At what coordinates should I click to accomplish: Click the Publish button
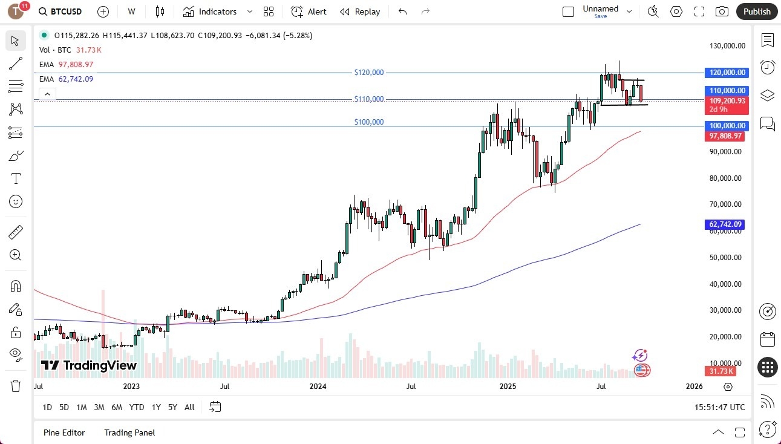point(756,11)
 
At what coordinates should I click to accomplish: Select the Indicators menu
point(211,11)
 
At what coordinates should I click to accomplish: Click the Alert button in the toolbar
point(309,11)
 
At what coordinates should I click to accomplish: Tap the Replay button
point(360,11)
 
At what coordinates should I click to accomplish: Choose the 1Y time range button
point(156,407)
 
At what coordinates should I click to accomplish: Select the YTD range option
point(137,407)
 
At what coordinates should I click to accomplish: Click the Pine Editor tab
point(64,433)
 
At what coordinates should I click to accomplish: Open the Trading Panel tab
point(129,433)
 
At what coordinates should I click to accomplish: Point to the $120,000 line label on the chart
point(369,73)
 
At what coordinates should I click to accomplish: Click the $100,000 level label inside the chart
point(369,122)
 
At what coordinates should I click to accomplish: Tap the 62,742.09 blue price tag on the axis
point(724,224)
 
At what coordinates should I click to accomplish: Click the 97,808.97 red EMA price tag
point(724,136)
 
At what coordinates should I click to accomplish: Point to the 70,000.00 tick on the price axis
point(725,204)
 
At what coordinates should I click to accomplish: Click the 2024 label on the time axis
point(318,386)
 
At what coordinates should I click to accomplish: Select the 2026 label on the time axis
point(694,386)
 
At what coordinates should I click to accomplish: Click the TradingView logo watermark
point(89,365)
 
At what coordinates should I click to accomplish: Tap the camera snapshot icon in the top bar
point(722,11)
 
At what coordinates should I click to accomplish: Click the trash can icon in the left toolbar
point(16,386)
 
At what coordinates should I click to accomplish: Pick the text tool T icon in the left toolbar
point(16,178)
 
